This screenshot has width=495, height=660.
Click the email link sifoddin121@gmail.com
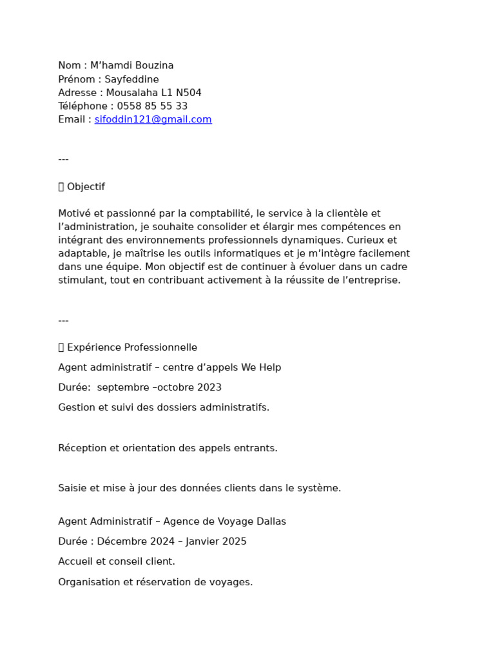[x=153, y=120]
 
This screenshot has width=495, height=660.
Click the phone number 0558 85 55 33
[x=152, y=106]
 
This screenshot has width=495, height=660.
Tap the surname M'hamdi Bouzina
[x=131, y=66]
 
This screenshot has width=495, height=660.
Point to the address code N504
[x=188, y=93]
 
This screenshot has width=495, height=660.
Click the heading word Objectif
[x=86, y=187]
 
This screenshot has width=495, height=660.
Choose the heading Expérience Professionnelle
[x=132, y=347]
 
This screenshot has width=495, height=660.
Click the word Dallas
[x=270, y=521]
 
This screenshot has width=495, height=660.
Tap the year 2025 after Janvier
[x=232, y=541]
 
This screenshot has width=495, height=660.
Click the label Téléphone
[x=82, y=106]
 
